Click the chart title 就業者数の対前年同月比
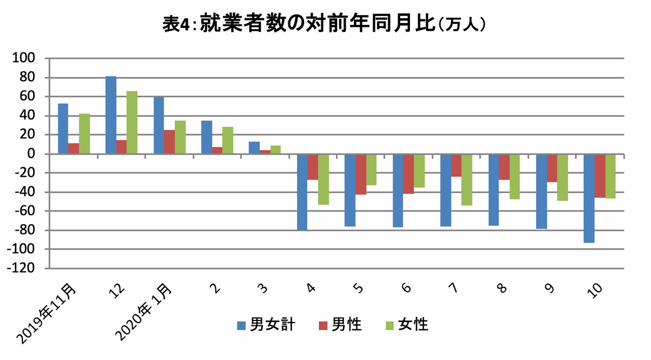tap(317, 23)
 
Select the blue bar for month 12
tap(111, 115)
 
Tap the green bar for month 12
tap(132, 123)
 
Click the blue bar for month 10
tap(589, 198)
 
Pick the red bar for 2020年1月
tap(169, 142)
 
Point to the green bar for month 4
tap(323, 179)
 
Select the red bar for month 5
tap(361, 174)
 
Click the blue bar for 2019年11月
tap(63, 129)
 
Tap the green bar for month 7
tap(467, 180)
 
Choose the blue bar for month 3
tap(254, 147)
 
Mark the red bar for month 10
tap(600, 176)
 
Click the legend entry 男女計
tap(266, 325)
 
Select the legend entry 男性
tap(340, 325)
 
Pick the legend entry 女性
tap(407, 325)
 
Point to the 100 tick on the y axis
tap(23, 58)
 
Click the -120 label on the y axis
tap(21, 268)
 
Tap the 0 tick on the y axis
tap(31, 154)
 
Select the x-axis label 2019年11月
tap(46, 314)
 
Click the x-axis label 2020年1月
tap(143, 312)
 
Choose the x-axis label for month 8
tap(502, 288)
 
